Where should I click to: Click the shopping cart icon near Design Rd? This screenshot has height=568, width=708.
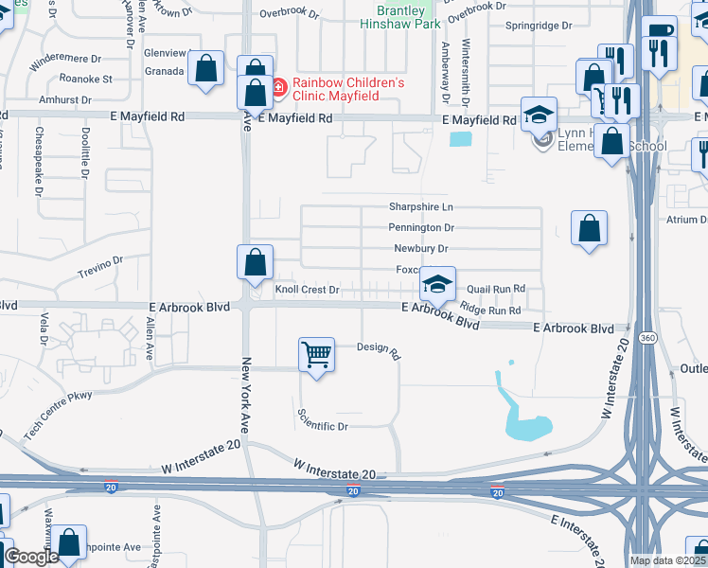tap(316, 355)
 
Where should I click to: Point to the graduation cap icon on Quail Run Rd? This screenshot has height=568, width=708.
tap(437, 283)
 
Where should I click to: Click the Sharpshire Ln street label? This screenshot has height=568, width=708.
tap(421, 207)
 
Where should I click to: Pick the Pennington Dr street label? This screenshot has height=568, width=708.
tap(421, 228)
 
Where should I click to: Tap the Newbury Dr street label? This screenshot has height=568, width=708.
tap(420, 249)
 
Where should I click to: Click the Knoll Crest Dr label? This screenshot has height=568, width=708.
tap(307, 290)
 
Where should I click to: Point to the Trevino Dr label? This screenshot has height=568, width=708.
tap(101, 267)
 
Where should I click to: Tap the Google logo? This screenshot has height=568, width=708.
tap(31, 557)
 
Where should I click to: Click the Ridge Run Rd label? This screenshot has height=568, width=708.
tap(489, 310)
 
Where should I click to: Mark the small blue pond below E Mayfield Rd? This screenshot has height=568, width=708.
tap(460, 139)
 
